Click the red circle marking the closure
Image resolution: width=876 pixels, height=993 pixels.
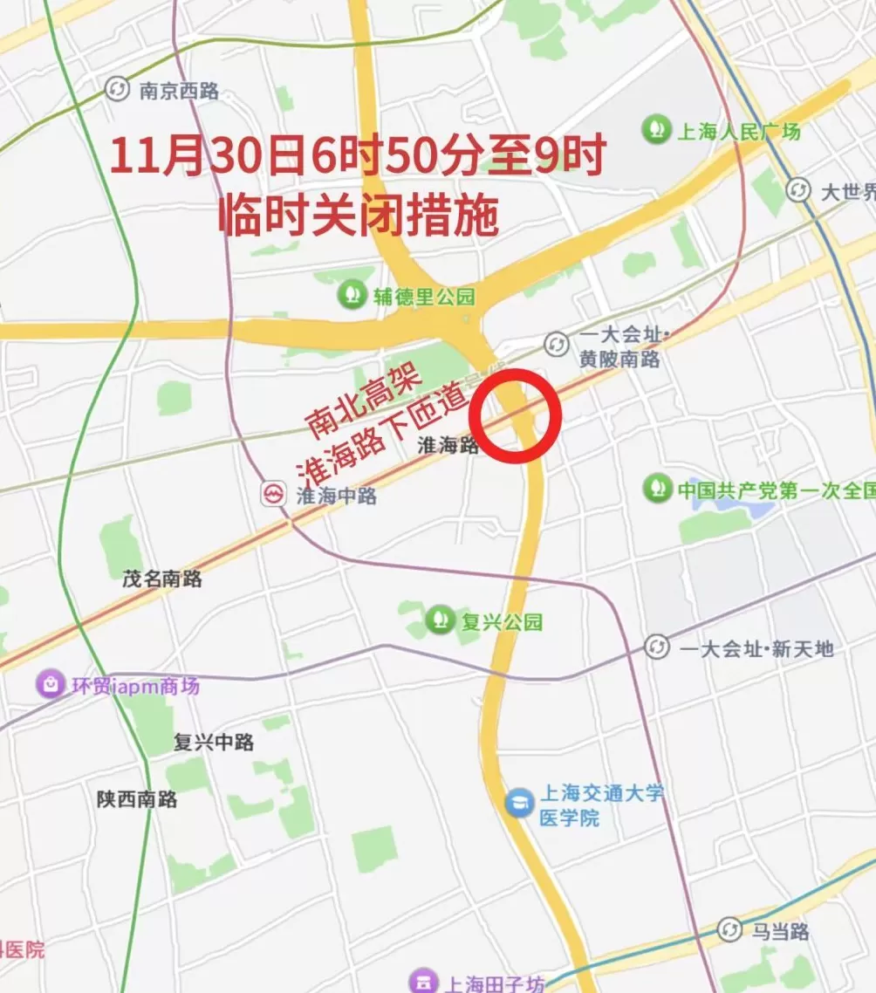click(x=514, y=415)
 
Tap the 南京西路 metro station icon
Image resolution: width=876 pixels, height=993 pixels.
click(x=117, y=89)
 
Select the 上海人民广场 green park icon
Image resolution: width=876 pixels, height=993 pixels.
click(x=656, y=131)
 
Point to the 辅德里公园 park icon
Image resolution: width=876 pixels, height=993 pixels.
click(x=352, y=294)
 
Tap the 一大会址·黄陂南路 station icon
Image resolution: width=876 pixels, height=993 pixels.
click(x=556, y=345)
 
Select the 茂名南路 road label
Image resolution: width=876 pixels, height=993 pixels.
click(x=161, y=578)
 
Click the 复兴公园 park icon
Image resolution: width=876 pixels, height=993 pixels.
click(x=440, y=620)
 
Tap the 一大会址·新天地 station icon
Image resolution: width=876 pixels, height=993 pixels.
click(x=657, y=647)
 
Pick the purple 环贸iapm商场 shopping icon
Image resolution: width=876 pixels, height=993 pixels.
click(x=50, y=684)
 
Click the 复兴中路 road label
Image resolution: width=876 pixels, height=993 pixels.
click(x=213, y=743)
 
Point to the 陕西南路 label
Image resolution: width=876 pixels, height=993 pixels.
click(x=137, y=798)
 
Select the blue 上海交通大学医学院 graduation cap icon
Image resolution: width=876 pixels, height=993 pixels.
click(x=519, y=802)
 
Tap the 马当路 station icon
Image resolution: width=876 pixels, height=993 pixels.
click(x=729, y=930)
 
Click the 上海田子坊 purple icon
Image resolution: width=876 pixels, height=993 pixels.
click(x=423, y=982)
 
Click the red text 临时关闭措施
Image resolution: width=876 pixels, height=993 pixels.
click(x=358, y=214)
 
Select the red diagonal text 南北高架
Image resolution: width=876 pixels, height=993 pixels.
click(x=364, y=401)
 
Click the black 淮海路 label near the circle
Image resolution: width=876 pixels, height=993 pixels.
click(x=448, y=445)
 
